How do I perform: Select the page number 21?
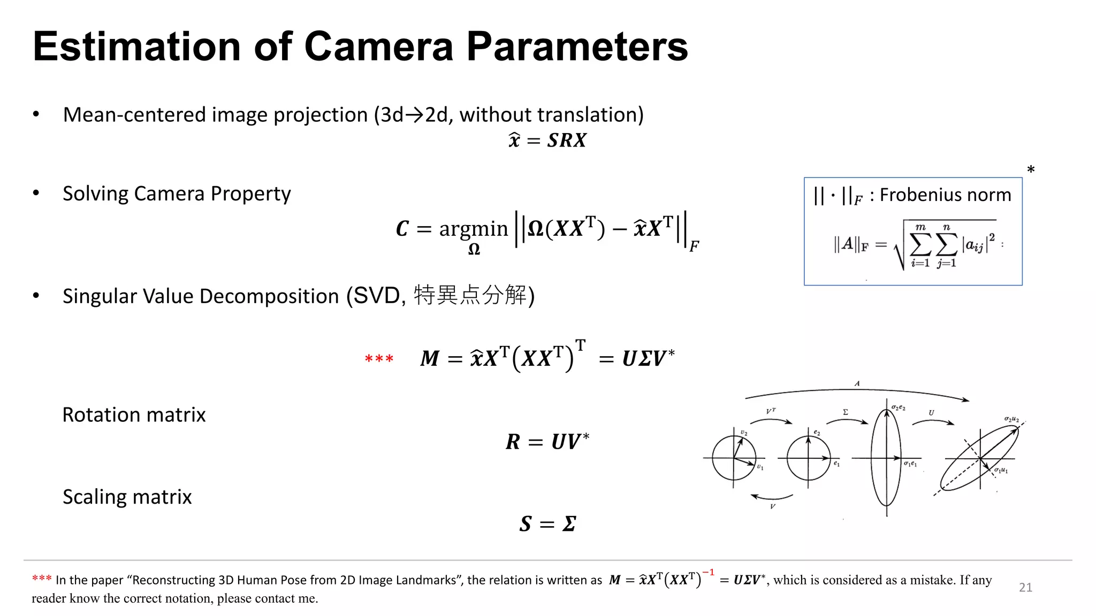(x=1025, y=587)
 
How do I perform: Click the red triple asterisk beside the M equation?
(x=379, y=359)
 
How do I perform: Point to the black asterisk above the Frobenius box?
(x=1031, y=170)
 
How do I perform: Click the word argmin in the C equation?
(x=473, y=229)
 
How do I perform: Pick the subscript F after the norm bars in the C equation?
(x=694, y=247)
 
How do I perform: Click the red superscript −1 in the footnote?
(x=708, y=573)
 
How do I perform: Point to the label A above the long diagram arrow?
(x=857, y=383)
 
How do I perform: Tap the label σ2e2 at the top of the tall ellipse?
(x=898, y=407)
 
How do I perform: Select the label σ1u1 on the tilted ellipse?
(x=1001, y=471)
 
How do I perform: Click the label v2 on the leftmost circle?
(x=744, y=433)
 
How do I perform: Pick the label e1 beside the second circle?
(x=836, y=464)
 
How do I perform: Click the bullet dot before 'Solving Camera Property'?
(x=36, y=193)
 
